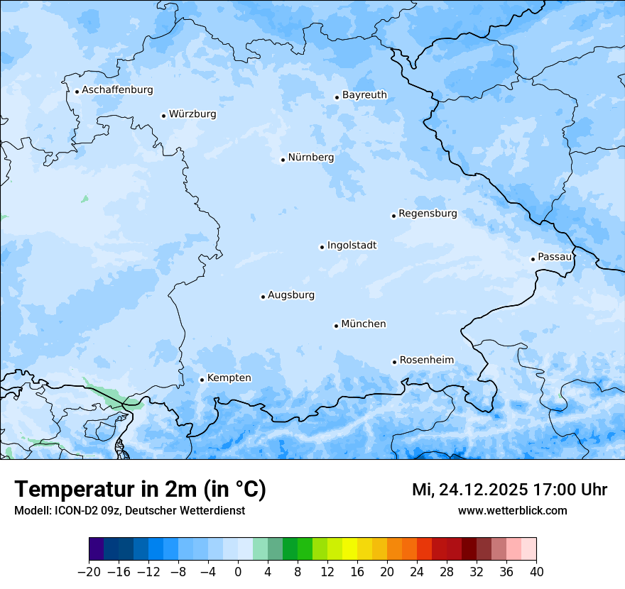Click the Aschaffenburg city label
tap(117, 90)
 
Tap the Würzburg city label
tap(192, 114)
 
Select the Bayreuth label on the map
tap(364, 95)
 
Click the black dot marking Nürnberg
tap(283, 160)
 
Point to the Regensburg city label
tap(428, 214)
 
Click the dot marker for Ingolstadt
tap(322, 247)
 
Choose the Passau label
tap(555, 257)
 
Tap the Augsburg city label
tap(291, 295)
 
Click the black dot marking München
tap(336, 326)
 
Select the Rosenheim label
tap(426, 360)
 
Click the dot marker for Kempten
tap(202, 380)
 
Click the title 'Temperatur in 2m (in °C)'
tap(140, 490)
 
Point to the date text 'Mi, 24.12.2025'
tap(469, 490)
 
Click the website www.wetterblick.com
tap(512, 511)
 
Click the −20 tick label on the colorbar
tap(89, 572)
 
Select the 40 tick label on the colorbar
tap(536, 572)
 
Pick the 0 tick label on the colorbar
tap(238, 572)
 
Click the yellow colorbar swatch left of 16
tap(349, 549)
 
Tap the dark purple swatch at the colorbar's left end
tap(97, 549)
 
